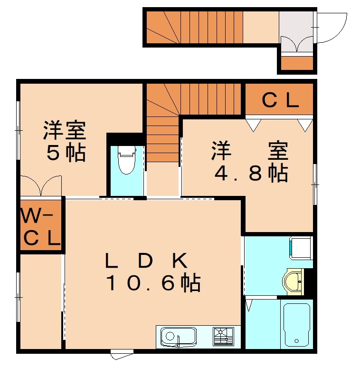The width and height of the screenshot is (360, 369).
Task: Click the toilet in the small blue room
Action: point(126,160)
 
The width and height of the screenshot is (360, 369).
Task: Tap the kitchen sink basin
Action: point(178,337)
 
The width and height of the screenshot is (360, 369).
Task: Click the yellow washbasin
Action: point(293,281)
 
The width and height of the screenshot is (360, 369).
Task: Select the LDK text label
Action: point(147,261)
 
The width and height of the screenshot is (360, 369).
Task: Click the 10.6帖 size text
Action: point(153,283)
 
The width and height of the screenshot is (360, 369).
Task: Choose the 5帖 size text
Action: point(66,153)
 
